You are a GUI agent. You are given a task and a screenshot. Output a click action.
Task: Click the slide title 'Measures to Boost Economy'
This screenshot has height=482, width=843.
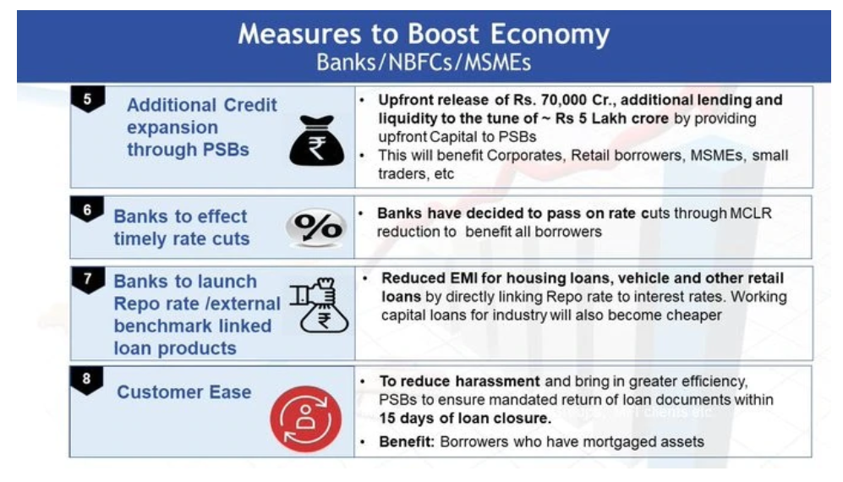[x=424, y=34]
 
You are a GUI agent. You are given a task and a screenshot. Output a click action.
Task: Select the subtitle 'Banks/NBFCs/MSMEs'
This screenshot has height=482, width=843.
[x=424, y=63]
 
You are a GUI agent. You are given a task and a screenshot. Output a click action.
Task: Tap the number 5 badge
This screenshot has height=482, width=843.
[x=88, y=99]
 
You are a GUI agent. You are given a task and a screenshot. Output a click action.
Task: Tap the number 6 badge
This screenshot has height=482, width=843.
[x=87, y=210]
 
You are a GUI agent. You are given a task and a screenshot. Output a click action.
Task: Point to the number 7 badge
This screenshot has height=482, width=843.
[x=88, y=280]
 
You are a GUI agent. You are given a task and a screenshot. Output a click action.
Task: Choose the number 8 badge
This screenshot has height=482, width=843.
[x=86, y=380]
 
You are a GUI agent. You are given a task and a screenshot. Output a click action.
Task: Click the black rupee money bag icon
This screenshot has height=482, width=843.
[x=317, y=140]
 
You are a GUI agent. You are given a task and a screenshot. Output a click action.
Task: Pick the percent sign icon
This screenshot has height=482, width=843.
[x=317, y=227]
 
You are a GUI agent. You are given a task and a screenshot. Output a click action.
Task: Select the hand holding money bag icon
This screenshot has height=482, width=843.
[x=320, y=305]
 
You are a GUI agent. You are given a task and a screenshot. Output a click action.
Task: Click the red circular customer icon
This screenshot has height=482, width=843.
[x=306, y=419]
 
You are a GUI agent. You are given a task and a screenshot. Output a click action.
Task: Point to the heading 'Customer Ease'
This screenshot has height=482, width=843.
[x=183, y=392]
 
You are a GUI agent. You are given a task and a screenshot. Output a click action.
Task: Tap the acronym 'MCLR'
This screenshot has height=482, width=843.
[x=751, y=214]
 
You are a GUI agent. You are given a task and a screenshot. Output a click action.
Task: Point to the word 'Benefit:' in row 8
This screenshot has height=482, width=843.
[x=407, y=441]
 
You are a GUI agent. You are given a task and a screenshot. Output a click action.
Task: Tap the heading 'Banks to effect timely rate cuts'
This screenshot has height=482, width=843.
[x=182, y=227]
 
